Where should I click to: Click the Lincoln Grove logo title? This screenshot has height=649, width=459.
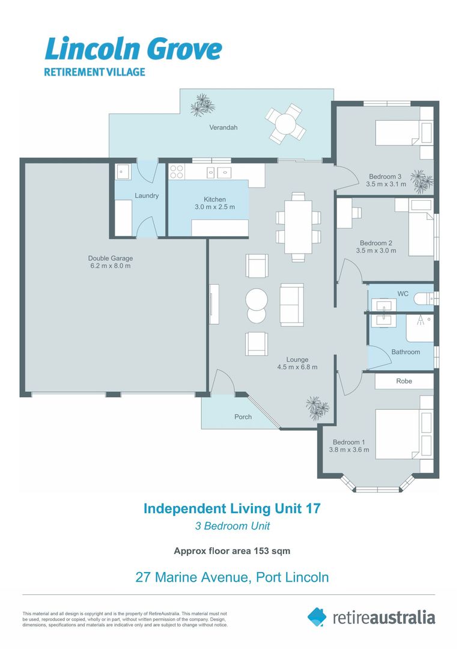[x=133, y=49]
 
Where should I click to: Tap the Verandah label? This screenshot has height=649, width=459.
[x=223, y=127]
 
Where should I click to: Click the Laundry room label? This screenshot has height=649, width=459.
[x=147, y=196]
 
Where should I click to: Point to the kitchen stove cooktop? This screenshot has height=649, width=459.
[x=177, y=172]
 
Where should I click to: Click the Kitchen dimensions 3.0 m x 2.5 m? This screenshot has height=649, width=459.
[x=214, y=207]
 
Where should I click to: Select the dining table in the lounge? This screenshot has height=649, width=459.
[x=298, y=227]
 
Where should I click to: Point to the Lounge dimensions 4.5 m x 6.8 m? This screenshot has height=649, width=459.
[x=297, y=367]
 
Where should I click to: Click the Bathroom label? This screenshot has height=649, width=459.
[x=406, y=352]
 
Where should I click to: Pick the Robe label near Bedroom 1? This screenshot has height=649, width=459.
[x=404, y=381]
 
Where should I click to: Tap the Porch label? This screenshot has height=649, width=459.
[x=243, y=416]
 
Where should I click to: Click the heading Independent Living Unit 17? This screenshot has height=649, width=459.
[x=232, y=508]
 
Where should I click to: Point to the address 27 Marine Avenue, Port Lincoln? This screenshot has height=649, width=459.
[x=232, y=577]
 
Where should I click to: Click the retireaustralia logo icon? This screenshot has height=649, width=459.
[x=317, y=617]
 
